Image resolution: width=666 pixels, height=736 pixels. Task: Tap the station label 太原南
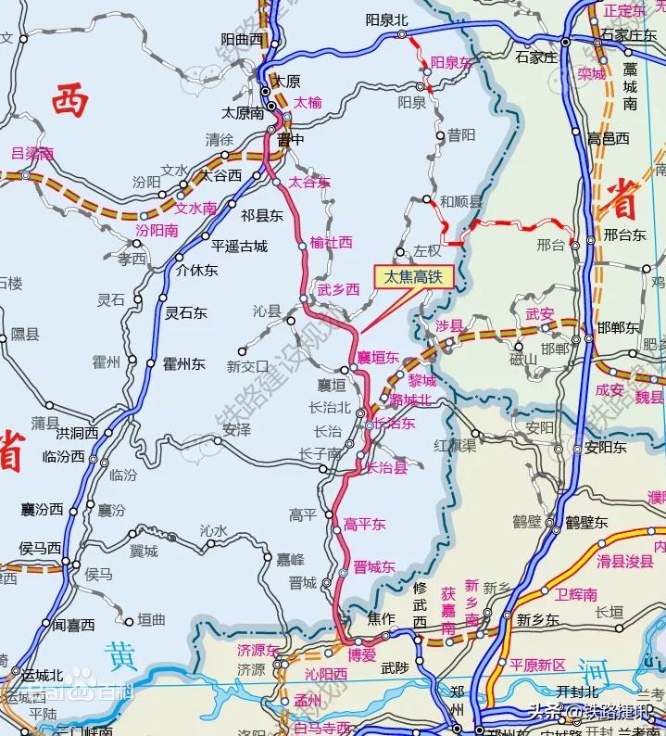[x=243, y=112]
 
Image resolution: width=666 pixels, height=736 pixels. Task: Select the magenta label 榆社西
[x=332, y=242]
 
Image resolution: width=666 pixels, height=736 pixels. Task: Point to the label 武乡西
[x=338, y=290]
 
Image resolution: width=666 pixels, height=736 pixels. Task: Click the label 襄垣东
[x=378, y=357]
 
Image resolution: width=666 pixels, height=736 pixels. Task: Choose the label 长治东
[x=395, y=424]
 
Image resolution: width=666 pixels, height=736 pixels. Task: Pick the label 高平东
[x=364, y=525]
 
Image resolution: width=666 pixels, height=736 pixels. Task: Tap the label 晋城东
[x=374, y=567]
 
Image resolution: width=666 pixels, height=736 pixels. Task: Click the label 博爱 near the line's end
[x=361, y=654]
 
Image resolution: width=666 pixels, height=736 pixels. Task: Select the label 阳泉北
[x=385, y=19]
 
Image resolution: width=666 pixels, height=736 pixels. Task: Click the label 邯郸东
[x=618, y=328]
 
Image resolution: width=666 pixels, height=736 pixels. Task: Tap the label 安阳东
[x=607, y=448]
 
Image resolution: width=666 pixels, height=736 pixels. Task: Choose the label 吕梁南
[x=31, y=154]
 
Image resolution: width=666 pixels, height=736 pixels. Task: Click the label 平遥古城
[x=239, y=247]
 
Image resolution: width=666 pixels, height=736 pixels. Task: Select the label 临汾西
[x=64, y=457]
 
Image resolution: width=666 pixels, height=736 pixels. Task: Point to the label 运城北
[x=43, y=675]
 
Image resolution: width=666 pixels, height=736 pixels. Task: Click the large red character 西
[x=70, y=101]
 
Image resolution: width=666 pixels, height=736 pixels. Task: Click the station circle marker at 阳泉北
[x=402, y=34]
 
